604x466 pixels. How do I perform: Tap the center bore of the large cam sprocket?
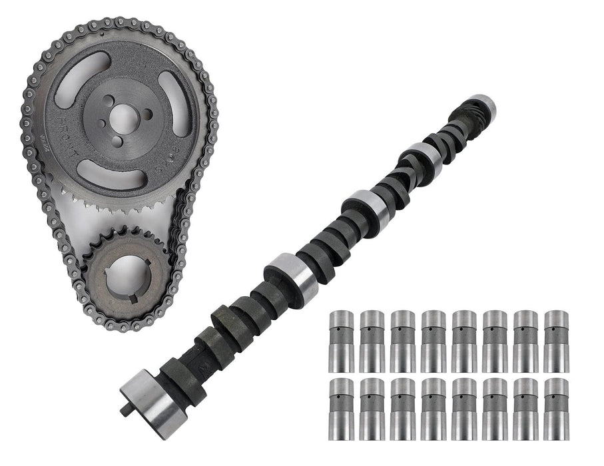[122, 118]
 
